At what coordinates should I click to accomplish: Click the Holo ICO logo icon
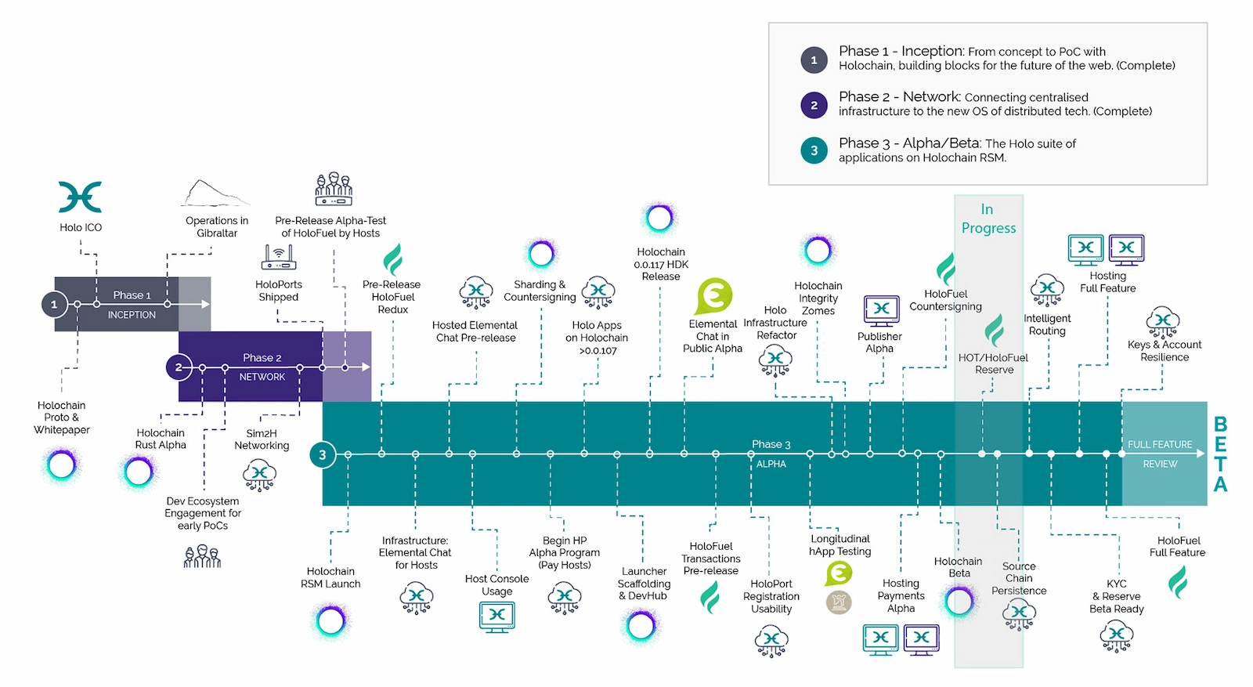point(80,197)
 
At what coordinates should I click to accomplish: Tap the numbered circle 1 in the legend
point(814,60)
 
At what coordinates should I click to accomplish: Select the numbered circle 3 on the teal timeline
point(322,454)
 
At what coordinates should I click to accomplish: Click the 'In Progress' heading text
point(988,219)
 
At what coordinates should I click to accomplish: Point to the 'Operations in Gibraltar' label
point(217,226)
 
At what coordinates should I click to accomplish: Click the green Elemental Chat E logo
point(713,296)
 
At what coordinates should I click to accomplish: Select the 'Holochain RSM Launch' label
point(330,577)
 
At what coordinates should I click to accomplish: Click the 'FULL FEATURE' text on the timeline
point(1159,444)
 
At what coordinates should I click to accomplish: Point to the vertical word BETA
point(1220,454)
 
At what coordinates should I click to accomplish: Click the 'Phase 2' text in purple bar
point(262,357)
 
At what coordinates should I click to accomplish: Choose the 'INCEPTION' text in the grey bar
point(132,314)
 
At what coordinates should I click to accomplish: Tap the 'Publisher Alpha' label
point(879,342)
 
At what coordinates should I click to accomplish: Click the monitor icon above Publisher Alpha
point(881,309)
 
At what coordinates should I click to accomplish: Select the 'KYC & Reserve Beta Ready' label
point(1116,596)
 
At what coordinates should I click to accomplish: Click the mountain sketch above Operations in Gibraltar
point(212,193)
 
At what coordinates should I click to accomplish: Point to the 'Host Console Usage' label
point(497,584)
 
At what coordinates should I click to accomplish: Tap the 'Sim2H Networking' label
point(262,439)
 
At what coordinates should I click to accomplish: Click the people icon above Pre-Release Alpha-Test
point(334,189)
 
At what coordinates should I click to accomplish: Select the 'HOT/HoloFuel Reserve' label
point(993,363)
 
